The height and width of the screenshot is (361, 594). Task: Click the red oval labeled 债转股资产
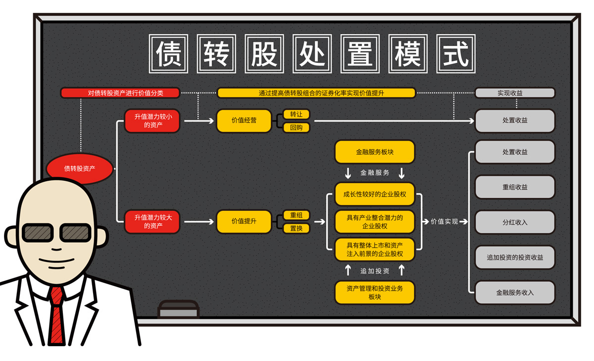pyautogui.click(x=79, y=168)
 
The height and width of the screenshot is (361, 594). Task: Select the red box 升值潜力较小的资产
pyautogui.click(x=152, y=121)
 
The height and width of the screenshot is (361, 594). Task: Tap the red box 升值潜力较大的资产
pyautogui.click(x=152, y=221)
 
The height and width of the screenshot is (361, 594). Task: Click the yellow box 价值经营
pyautogui.click(x=244, y=120)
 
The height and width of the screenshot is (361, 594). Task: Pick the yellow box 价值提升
pyautogui.click(x=244, y=221)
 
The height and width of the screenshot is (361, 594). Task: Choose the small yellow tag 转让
pyautogui.click(x=297, y=114)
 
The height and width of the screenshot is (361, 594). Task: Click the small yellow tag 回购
pyautogui.click(x=297, y=128)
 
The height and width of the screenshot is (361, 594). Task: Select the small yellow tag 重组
pyautogui.click(x=297, y=215)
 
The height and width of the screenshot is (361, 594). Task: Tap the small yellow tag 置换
pyautogui.click(x=297, y=228)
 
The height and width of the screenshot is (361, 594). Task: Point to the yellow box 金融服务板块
pyautogui.click(x=375, y=152)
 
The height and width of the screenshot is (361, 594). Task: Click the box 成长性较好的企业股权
pyautogui.click(x=375, y=194)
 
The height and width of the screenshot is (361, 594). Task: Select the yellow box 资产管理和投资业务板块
pyautogui.click(x=375, y=292)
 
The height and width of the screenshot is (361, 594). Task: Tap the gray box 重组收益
pyautogui.click(x=515, y=187)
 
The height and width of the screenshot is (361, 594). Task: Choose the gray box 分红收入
pyautogui.click(x=515, y=222)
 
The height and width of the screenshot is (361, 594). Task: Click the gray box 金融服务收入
pyautogui.click(x=515, y=293)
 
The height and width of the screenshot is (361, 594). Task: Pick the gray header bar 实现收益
pyautogui.click(x=515, y=93)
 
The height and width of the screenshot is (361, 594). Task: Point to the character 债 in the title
pyautogui.click(x=168, y=53)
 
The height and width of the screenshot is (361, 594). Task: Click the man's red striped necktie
pyautogui.click(x=58, y=317)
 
